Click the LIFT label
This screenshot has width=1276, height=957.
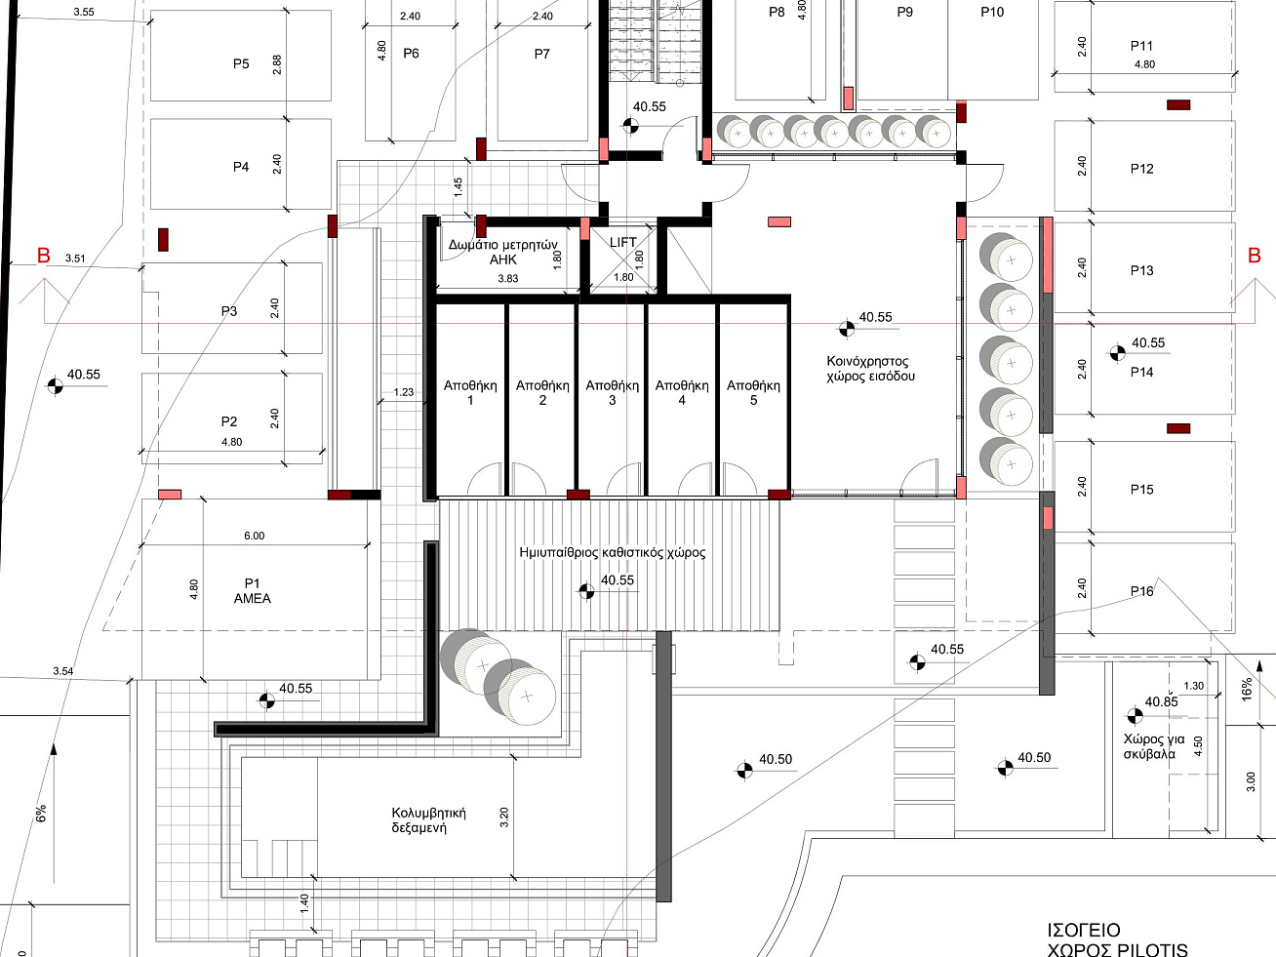(x=623, y=242)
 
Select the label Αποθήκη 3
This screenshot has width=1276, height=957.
(x=612, y=392)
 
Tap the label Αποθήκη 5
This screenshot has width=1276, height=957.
(x=753, y=392)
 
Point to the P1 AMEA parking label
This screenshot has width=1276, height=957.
(x=253, y=590)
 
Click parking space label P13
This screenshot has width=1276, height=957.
(x=1141, y=270)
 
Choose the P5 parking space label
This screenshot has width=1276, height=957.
(x=241, y=63)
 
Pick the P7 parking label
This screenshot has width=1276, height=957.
(x=541, y=54)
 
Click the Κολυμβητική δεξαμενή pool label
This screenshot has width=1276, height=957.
(x=428, y=819)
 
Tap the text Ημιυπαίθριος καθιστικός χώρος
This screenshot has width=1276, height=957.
(x=612, y=552)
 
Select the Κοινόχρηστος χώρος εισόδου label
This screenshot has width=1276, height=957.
(x=870, y=369)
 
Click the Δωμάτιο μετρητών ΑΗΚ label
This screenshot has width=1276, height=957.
(x=502, y=252)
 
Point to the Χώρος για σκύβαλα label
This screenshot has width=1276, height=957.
(x=1153, y=746)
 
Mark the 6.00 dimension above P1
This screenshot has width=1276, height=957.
(x=254, y=536)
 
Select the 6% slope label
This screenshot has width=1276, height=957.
(x=41, y=813)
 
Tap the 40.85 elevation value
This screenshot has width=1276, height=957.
(x=1162, y=702)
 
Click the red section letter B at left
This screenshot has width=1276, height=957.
(x=44, y=256)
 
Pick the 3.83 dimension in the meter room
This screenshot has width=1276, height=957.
(x=508, y=278)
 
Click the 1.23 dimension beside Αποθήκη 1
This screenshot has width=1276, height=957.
(x=404, y=392)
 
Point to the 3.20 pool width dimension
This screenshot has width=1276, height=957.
(x=504, y=817)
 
